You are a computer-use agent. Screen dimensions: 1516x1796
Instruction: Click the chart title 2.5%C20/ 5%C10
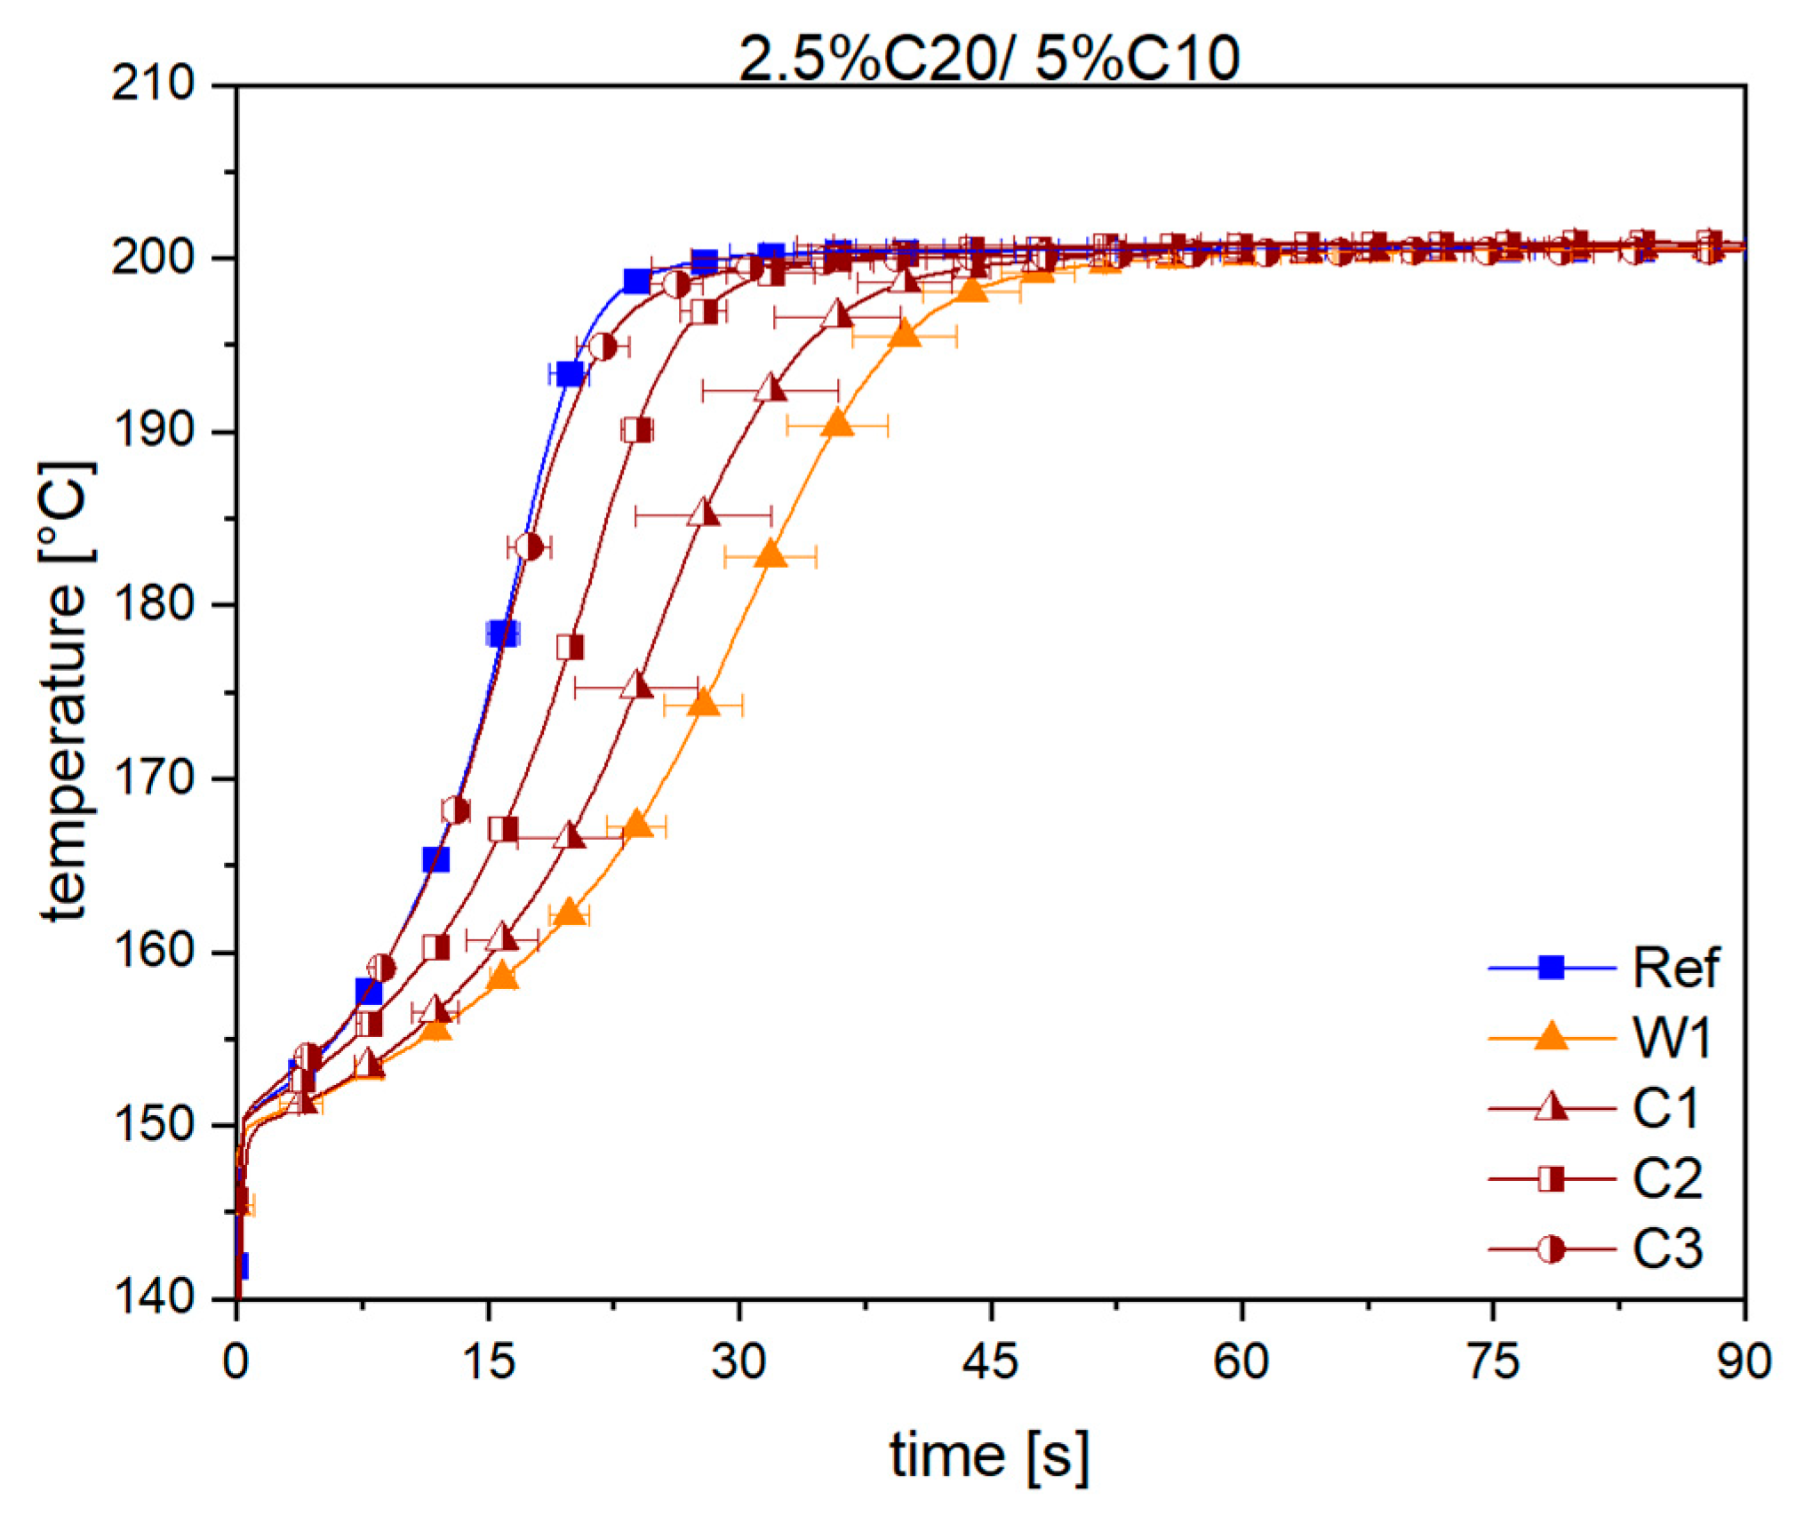click(988, 59)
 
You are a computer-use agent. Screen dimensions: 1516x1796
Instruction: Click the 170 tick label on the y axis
click(153, 778)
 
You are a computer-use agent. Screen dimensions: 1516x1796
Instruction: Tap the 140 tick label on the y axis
click(153, 1297)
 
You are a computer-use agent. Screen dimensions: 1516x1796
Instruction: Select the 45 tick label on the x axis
click(989, 1361)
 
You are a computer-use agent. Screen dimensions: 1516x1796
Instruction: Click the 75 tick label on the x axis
click(1493, 1361)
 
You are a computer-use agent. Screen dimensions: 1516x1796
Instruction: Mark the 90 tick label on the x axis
click(1744, 1361)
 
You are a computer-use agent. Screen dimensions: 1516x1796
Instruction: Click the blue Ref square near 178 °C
click(502, 634)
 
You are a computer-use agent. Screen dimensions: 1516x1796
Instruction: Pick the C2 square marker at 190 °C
click(637, 430)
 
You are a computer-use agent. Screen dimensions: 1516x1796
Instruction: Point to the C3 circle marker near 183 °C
click(529, 547)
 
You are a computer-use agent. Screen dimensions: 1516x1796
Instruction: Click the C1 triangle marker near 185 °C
click(703, 514)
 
